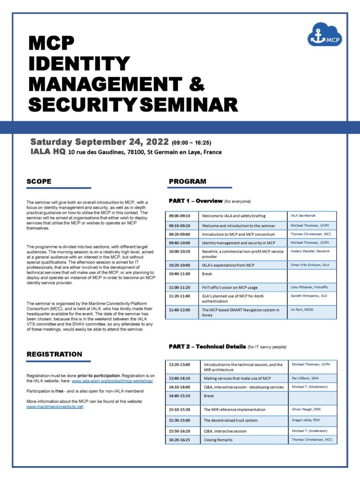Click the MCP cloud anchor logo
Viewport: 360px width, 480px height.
[x=325, y=33]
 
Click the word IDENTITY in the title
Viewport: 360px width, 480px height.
[x=79, y=64]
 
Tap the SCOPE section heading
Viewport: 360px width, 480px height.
[x=39, y=181]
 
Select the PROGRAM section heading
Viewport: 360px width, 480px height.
[x=187, y=181]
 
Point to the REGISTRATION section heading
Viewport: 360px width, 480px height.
[x=54, y=354]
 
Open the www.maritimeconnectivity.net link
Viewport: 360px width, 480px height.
[x=55, y=406]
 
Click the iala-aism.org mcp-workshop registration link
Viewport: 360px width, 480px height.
[x=112, y=381]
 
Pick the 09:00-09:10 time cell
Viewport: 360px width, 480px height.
[x=181, y=216]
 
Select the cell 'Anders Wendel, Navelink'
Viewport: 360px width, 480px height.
[x=310, y=252]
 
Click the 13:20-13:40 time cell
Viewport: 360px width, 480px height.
[x=181, y=364]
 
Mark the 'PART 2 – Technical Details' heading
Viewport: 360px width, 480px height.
[x=207, y=346]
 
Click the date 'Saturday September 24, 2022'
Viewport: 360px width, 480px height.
[x=99, y=142]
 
